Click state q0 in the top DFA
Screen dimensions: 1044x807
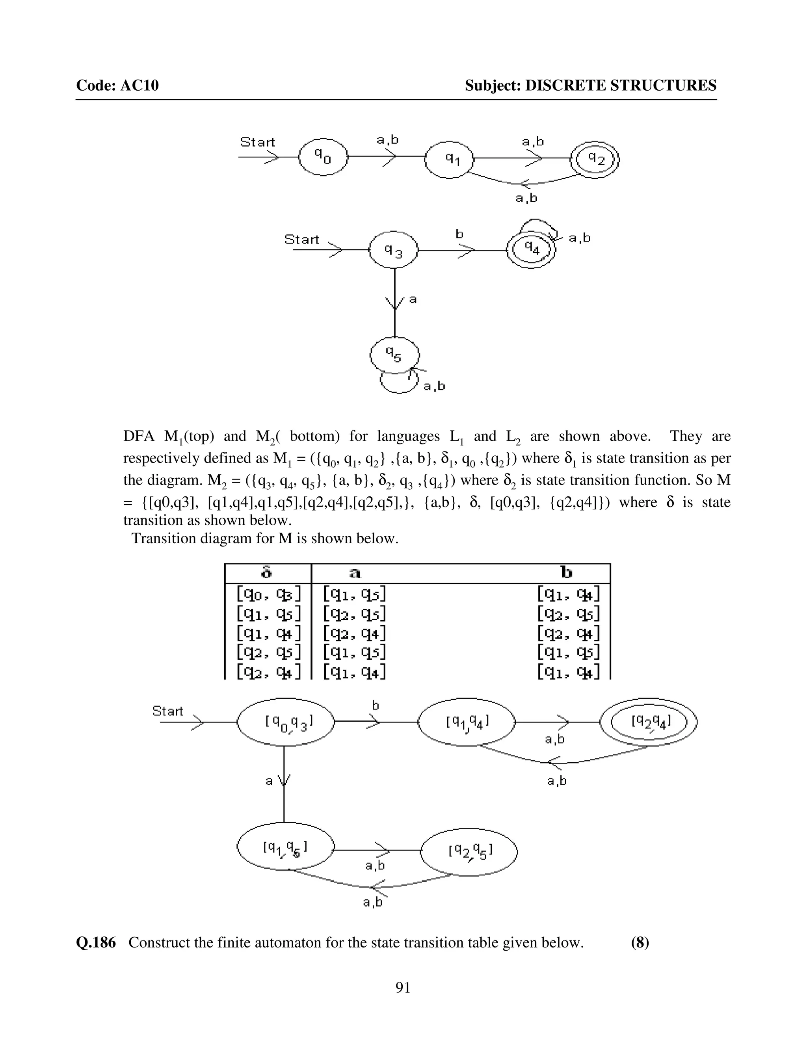[x=323, y=157]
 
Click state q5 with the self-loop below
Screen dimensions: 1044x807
[x=394, y=355]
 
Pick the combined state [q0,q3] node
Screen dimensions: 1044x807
[x=285, y=722]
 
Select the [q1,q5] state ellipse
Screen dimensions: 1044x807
[x=285, y=847]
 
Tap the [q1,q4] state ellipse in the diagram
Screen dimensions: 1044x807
[x=467, y=722]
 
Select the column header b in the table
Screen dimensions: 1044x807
[x=567, y=573]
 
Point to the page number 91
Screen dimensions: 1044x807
[x=403, y=988]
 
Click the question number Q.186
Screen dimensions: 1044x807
[x=96, y=943]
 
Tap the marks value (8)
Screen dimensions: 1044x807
[x=640, y=943]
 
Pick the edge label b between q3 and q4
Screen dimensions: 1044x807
[x=459, y=234]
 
